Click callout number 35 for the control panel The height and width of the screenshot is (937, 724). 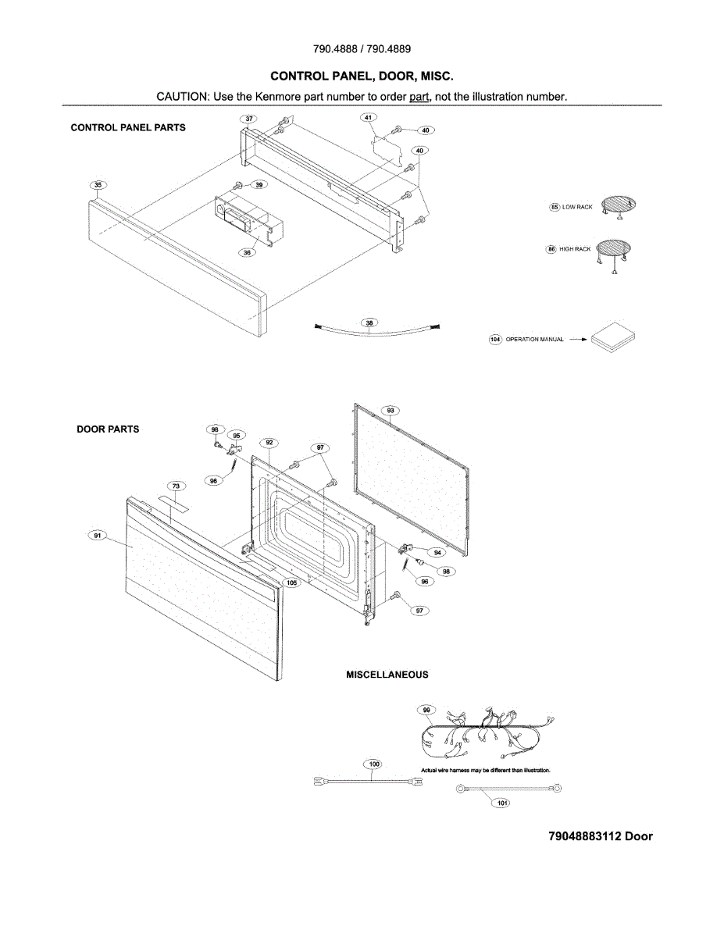[98, 185]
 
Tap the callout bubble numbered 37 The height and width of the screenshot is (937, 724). [248, 119]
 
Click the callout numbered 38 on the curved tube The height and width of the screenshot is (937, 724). [369, 322]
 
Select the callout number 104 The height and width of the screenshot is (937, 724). [494, 340]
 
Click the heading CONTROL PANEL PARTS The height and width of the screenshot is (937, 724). [128, 127]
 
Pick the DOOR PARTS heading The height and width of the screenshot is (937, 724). [108, 429]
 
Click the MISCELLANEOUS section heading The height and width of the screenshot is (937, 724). [387, 675]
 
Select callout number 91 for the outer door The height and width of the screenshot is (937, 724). [98, 536]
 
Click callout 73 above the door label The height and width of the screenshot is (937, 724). [176, 486]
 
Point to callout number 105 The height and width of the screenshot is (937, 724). [291, 583]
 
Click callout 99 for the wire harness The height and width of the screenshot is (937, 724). [426, 710]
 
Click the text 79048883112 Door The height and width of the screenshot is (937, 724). [600, 836]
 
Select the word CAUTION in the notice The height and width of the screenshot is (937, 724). [180, 96]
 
